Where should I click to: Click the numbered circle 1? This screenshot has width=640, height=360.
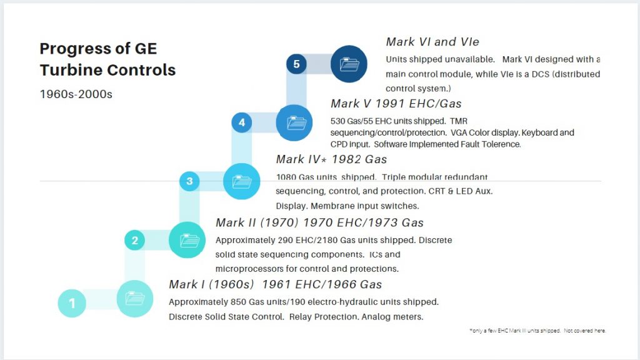point(72,303)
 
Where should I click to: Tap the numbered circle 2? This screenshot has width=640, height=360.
point(134,240)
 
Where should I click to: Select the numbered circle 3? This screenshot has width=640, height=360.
point(189,181)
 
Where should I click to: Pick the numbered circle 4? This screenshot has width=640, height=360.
point(242,122)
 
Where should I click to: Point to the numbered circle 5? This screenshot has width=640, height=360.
point(296,64)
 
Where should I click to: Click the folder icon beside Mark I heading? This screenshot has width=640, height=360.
point(134,299)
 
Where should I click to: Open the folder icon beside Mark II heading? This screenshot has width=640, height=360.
point(187,240)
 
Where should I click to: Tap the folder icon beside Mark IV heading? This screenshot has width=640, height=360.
point(241,181)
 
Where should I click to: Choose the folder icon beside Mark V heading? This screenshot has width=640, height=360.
point(294,122)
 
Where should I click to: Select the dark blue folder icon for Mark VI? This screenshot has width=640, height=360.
point(349,64)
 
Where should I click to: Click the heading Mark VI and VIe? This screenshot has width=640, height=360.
point(432,42)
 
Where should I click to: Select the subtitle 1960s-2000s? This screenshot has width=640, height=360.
point(76,94)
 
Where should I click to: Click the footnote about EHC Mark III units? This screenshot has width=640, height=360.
point(537,331)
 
